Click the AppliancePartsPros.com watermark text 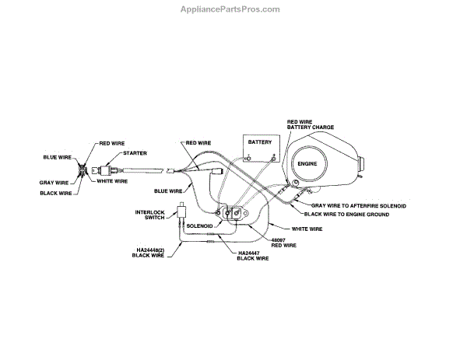pyautogui.click(x=233, y=9)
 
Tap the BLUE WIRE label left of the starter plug pyautogui.click(x=57, y=157)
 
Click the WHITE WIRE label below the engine pyautogui.click(x=307, y=229)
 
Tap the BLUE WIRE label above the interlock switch pyautogui.click(x=169, y=190)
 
